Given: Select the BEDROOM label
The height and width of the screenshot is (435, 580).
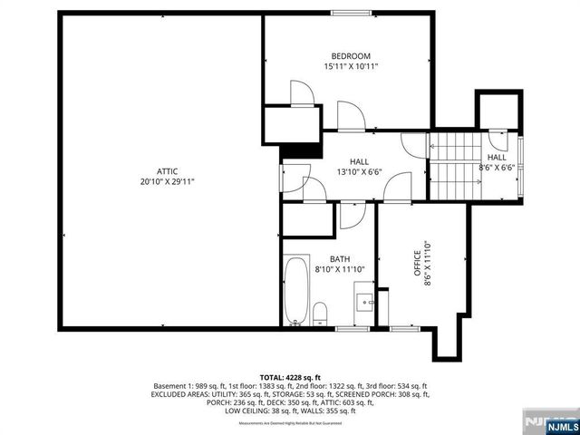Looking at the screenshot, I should point(350,56).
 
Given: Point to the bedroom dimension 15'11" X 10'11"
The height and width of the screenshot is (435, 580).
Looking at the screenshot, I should point(350,67).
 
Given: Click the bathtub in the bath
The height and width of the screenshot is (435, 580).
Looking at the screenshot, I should point(295,292).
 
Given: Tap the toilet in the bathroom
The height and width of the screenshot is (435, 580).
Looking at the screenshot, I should point(319,314).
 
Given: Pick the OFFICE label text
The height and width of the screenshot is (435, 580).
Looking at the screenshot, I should point(418,267).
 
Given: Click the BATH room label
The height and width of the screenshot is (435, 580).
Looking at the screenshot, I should point(326,258).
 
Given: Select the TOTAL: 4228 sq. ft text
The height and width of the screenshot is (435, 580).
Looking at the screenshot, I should point(290,376).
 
